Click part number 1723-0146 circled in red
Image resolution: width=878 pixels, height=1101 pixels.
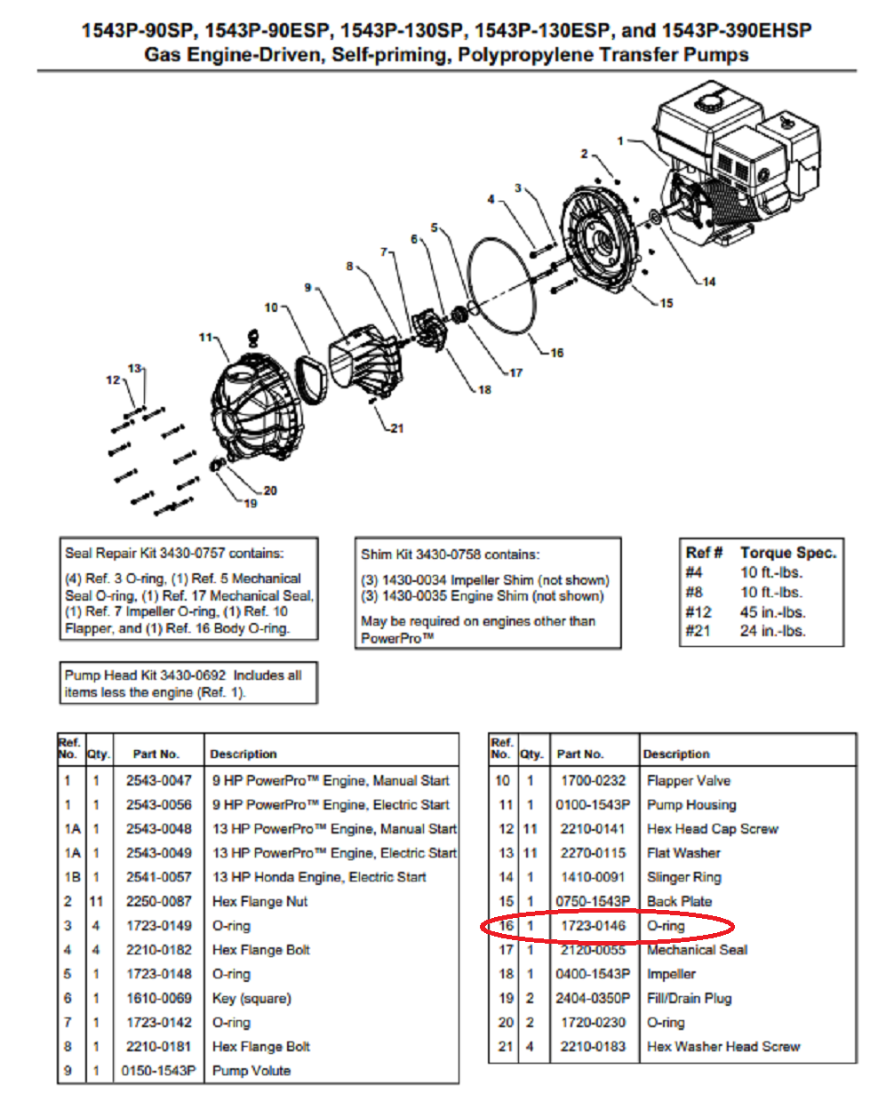593,926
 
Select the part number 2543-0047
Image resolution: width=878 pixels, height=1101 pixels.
158,781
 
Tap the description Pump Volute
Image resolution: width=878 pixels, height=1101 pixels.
251,1071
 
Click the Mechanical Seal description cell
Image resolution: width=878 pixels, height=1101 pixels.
697,950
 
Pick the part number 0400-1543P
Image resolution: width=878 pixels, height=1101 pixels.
593,974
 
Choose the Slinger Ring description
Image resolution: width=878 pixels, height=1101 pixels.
683,877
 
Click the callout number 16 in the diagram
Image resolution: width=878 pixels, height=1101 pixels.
556,353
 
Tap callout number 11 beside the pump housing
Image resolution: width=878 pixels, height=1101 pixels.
205,338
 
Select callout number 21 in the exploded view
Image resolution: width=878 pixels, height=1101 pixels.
396,428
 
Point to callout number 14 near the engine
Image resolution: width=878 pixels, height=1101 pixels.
708,283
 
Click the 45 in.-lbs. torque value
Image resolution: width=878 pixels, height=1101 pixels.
772,612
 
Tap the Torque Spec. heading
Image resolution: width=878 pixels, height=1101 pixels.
787,553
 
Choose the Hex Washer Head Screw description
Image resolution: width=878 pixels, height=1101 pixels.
723,1047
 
